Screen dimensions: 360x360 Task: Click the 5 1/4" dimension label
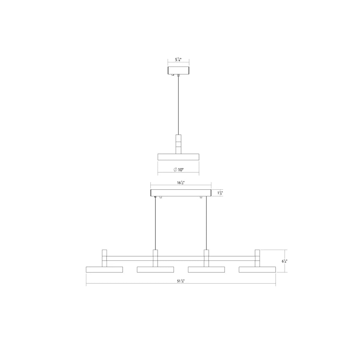click(x=178, y=60)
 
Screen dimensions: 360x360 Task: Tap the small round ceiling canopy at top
click(x=178, y=70)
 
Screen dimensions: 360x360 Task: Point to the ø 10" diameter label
click(x=179, y=170)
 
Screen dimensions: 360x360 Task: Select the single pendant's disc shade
click(x=178, y=157)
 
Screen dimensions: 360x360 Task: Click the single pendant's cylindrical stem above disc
click(x=178, y=144)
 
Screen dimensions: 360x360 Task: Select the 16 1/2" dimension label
click(x=181, y=183)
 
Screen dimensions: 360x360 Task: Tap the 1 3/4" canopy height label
click(x=220, y=193)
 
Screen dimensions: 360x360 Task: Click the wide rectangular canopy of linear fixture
click(x=181, y=193)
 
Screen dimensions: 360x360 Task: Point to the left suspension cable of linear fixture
click(x=156, y=223)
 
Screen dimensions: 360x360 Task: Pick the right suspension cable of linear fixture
click(x=206, y=223)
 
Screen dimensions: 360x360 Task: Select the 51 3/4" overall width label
click(x=181, y=281)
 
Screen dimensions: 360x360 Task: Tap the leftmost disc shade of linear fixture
click(x=104, y=270)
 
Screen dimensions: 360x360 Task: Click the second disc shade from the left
click(x=155, y=270)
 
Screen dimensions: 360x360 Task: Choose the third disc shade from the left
click(x=206, y=270)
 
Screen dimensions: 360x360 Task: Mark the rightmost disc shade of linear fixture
click(x=257, y=270)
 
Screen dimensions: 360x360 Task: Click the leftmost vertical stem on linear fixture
click(x=104, y=258)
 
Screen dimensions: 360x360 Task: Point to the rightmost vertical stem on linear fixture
click(x=257, y=258)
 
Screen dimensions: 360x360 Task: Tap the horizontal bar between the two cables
click(x=181, y=258)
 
